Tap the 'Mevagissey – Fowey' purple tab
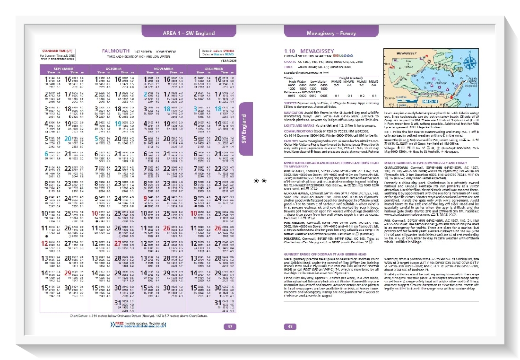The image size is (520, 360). pos(331,33)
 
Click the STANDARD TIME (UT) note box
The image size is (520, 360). pos(57,53)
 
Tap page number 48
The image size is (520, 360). pos(290,326)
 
